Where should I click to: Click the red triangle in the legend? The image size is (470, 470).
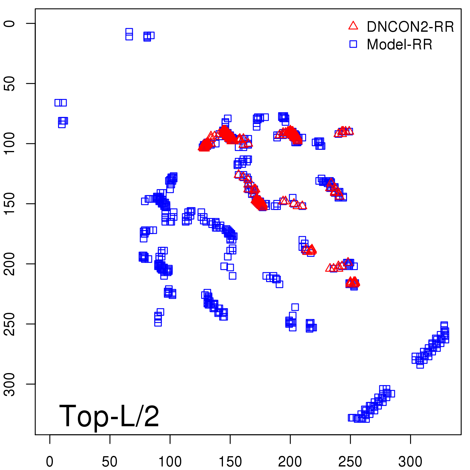point(353,26)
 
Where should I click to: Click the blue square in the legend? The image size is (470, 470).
point(353,44)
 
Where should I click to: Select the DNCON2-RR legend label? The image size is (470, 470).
point(410,27)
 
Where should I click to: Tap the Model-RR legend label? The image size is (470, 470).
point(399,45)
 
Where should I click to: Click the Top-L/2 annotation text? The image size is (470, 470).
point(109,416)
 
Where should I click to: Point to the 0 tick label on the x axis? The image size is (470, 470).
point(50,462)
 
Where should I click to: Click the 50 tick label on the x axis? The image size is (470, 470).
point(110,462)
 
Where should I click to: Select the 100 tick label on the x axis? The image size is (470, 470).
point(170,462)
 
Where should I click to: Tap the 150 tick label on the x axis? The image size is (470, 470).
point(230,462)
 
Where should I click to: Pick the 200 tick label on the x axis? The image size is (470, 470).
point(290,462)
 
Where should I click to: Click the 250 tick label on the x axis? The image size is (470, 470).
point(350,462)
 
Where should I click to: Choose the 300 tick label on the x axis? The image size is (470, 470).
point(410,462)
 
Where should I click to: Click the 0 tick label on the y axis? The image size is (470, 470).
point(9,23)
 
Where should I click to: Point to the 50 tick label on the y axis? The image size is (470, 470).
point(9,83)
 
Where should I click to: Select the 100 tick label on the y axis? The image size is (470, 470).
point(9,143)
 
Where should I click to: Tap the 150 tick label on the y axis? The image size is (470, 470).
point(9,204)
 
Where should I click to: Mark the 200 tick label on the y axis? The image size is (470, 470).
point(9,264)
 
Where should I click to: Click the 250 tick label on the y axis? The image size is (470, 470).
point(9,324)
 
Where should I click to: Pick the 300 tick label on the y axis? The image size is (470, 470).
point(9,384)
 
